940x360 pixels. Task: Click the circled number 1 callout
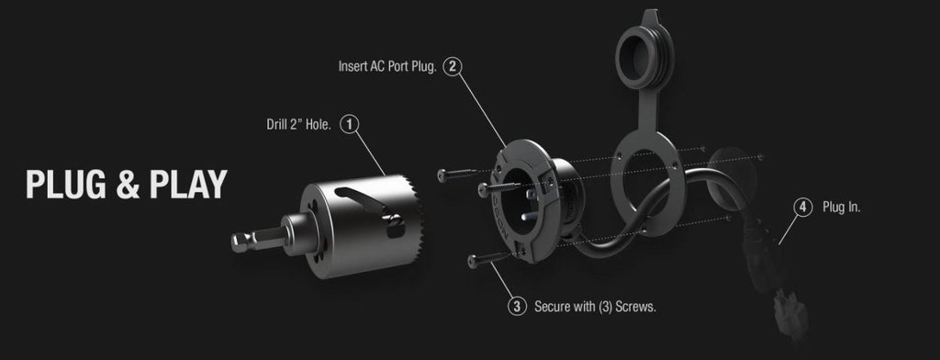pos(350,124)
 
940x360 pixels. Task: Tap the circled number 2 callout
pos(453,66)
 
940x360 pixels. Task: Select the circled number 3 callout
pos(517,307)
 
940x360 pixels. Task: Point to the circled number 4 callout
pos(802,208)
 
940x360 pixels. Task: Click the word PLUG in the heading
pos(66,185)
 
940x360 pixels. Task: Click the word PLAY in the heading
pos(188,185)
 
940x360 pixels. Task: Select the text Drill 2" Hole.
pos(298,125)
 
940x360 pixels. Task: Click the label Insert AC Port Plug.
pos(387,66)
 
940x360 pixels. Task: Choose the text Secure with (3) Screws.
pos(595,308)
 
